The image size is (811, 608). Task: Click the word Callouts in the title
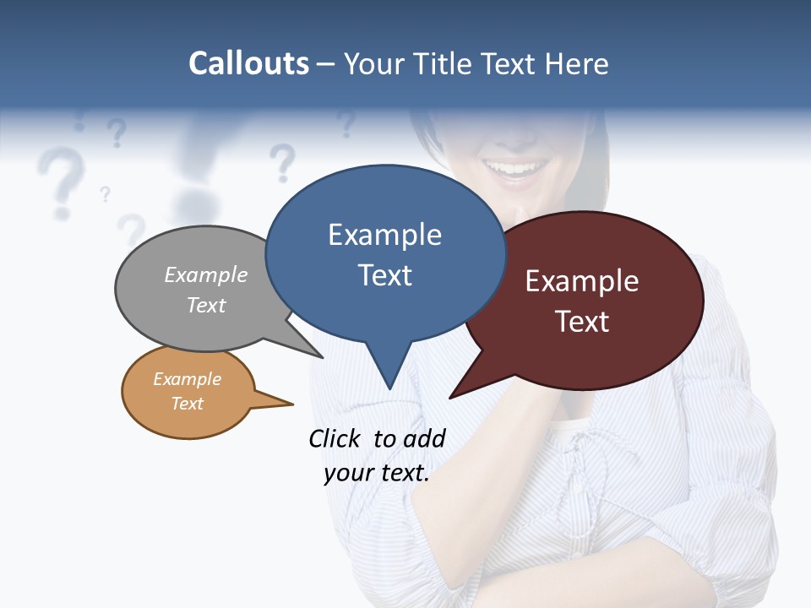pyautogui.click(x=248, y=63)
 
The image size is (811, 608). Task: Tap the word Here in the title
pyautogui.click(x=578, y=63)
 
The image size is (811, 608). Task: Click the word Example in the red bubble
pyautogui.click(x=582, y=281)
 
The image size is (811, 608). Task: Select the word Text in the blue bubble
pyautogui.click(x=384, y=275)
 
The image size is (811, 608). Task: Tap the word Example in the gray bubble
pyautogui.click(x=206, y=274)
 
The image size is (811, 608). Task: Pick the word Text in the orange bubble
pyautogui.click(x=188, y=404)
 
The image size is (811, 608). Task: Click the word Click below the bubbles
pyautogui.click(x=336, y=438)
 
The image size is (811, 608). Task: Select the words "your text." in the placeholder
pyautogui.click(x=377, y=473)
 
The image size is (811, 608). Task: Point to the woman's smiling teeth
pyautogui.click(x=515, y=169)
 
